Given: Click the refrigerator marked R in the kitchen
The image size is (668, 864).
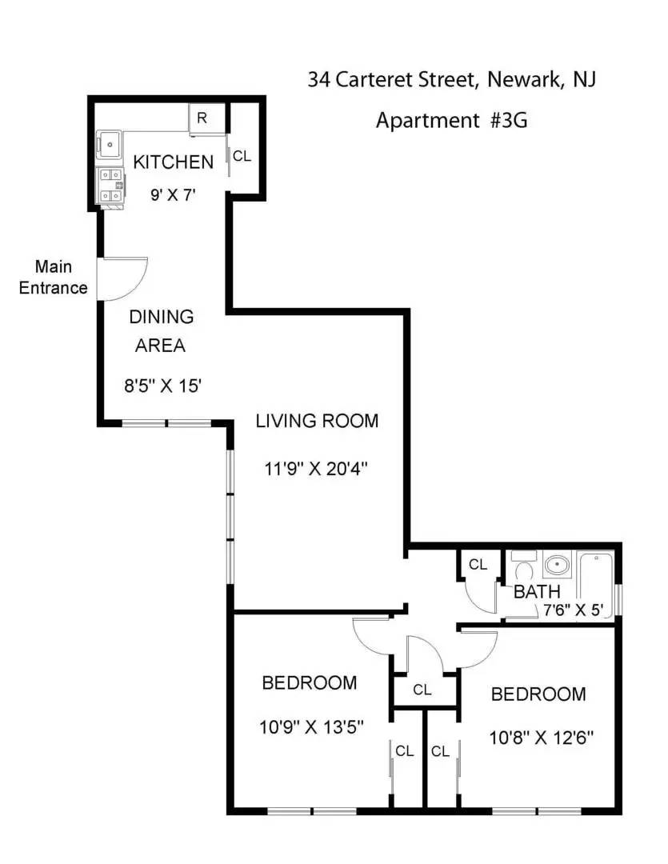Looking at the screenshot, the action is point(206,118).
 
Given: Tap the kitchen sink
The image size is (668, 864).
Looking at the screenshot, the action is point(109,145).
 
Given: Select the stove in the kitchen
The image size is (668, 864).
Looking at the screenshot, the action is point(110,186).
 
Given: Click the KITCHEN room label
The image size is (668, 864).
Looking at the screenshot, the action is point(173,162).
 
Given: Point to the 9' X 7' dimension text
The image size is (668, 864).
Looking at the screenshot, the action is point(173,195).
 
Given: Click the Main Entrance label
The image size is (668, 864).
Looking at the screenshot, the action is point(54,277).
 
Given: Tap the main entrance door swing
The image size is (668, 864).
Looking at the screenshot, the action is point(122,279).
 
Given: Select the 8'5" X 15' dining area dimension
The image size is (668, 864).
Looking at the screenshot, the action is point(162,385).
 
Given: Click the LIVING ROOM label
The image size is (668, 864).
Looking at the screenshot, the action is point(317,421).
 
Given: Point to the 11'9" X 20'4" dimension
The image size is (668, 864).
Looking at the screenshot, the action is point(316,469).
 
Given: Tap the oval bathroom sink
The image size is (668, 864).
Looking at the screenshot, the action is point(558,564).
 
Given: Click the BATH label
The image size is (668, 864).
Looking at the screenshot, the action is point(537,592).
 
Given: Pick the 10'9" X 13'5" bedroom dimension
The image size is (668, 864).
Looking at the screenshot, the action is point(311,727).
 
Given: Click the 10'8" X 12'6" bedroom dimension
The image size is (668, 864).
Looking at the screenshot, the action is point(542,738).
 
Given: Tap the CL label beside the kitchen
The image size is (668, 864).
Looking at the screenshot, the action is point(242,157).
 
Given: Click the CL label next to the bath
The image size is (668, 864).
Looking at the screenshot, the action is point(478,564).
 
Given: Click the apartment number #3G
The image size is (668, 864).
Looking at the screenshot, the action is point(508,120).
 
